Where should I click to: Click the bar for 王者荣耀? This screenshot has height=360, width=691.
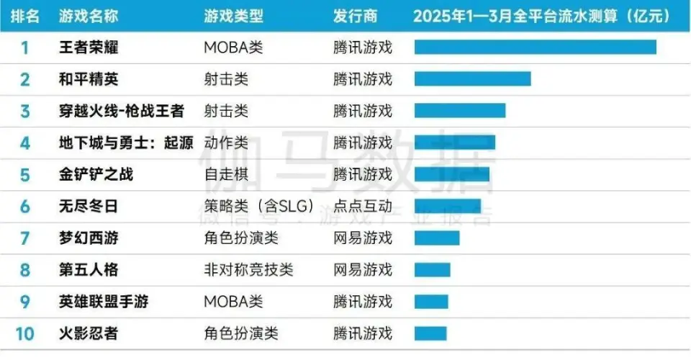[535, 48]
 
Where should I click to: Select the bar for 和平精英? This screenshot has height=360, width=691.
[472, 79]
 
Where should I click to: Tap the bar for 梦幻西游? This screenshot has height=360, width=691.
[437, 238]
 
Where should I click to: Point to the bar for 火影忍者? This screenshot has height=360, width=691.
[430, 333]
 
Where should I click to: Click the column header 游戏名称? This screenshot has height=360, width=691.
[89, 16]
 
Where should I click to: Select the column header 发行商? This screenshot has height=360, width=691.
[355, 16]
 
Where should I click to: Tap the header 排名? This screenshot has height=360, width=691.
[25, 16]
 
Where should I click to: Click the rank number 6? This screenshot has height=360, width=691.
[25, 207]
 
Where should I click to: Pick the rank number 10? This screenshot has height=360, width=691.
[25, 333]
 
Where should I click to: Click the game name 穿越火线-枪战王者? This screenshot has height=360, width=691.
[121, 111]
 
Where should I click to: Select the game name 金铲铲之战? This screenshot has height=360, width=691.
[96, 174]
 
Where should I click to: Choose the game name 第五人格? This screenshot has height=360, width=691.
[89, 270]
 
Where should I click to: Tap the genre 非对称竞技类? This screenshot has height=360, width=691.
[248, 270]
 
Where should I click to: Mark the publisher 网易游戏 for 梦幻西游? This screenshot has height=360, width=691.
[363, 238]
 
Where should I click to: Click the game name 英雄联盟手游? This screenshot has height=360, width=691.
[103, 302]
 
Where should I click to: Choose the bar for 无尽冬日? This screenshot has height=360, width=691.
[448, 207]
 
